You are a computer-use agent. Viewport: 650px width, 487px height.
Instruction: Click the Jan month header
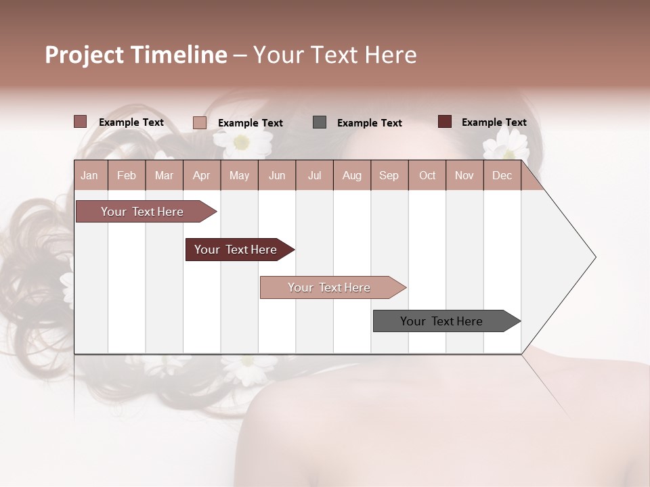(x=89, y=176)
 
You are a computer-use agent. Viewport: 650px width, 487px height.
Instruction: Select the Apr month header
(x=201, y=176)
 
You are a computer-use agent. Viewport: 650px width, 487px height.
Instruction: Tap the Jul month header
(x=314, y=176)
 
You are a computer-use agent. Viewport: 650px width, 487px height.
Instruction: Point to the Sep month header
(x=389, y=176)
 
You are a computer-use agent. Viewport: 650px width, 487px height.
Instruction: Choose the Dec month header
(x=502, y=176)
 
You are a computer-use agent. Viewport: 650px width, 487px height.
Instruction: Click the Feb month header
(x=127, y=176)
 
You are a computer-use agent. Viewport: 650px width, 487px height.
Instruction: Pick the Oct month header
(x=427, y=176)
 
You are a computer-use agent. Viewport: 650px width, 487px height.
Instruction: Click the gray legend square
(x=320, y=122)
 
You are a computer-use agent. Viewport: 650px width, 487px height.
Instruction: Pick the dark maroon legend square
(x=444, y=122)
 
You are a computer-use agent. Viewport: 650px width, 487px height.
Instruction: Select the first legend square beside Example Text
(x=80, y=122)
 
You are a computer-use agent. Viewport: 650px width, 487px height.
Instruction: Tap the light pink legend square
(x=199, y=122)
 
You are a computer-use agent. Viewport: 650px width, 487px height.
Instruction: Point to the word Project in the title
(x=85, y=55)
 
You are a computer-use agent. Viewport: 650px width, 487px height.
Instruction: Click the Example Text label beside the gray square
(x=370, y=123)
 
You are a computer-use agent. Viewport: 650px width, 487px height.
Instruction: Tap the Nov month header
(x=464, y=176)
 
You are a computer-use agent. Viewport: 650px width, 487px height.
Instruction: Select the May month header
(x=239, y=176)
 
